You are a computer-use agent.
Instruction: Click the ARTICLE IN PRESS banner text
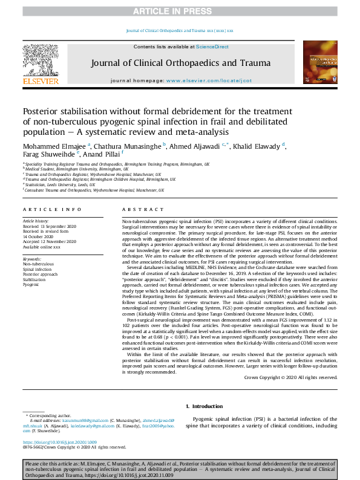tap(180, 11)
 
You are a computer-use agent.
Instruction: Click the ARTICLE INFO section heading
tap(52, 209)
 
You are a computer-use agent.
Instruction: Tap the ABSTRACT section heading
tap(143, 209)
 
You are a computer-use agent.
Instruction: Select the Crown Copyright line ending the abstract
tap(290, 377)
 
